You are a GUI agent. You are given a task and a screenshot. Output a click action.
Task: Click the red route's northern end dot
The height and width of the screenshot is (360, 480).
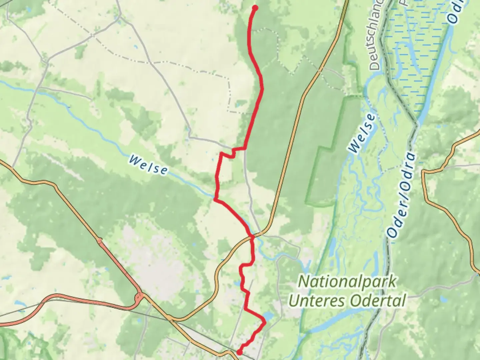[x=255, y=8]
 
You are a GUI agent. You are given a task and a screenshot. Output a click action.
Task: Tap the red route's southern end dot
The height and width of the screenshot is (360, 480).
[x=239, y=352]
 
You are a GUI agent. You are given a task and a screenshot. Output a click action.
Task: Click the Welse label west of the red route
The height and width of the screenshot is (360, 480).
[x=148, y=165]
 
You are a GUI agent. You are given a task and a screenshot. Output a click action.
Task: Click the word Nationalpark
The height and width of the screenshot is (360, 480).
[x=347, y=282]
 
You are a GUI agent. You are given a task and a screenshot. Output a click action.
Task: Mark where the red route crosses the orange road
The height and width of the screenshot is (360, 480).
[x=252, y=237]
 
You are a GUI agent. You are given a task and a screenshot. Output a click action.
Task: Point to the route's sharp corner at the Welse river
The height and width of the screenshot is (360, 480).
[x=215, y=199]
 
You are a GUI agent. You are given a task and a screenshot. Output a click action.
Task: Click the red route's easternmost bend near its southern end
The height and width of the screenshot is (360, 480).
[x=265, y=322]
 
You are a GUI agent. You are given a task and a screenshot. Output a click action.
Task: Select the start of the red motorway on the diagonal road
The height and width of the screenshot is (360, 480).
[x=100, y=240]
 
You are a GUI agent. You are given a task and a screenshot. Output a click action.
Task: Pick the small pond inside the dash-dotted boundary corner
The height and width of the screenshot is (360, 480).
[x=240, y=105]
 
